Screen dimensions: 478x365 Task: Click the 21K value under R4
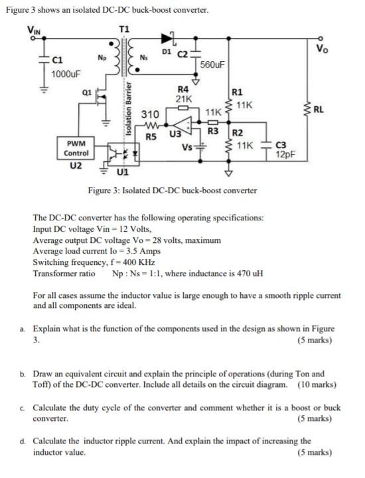pos(184,98)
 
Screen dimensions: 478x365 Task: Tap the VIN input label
pos(33,29)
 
